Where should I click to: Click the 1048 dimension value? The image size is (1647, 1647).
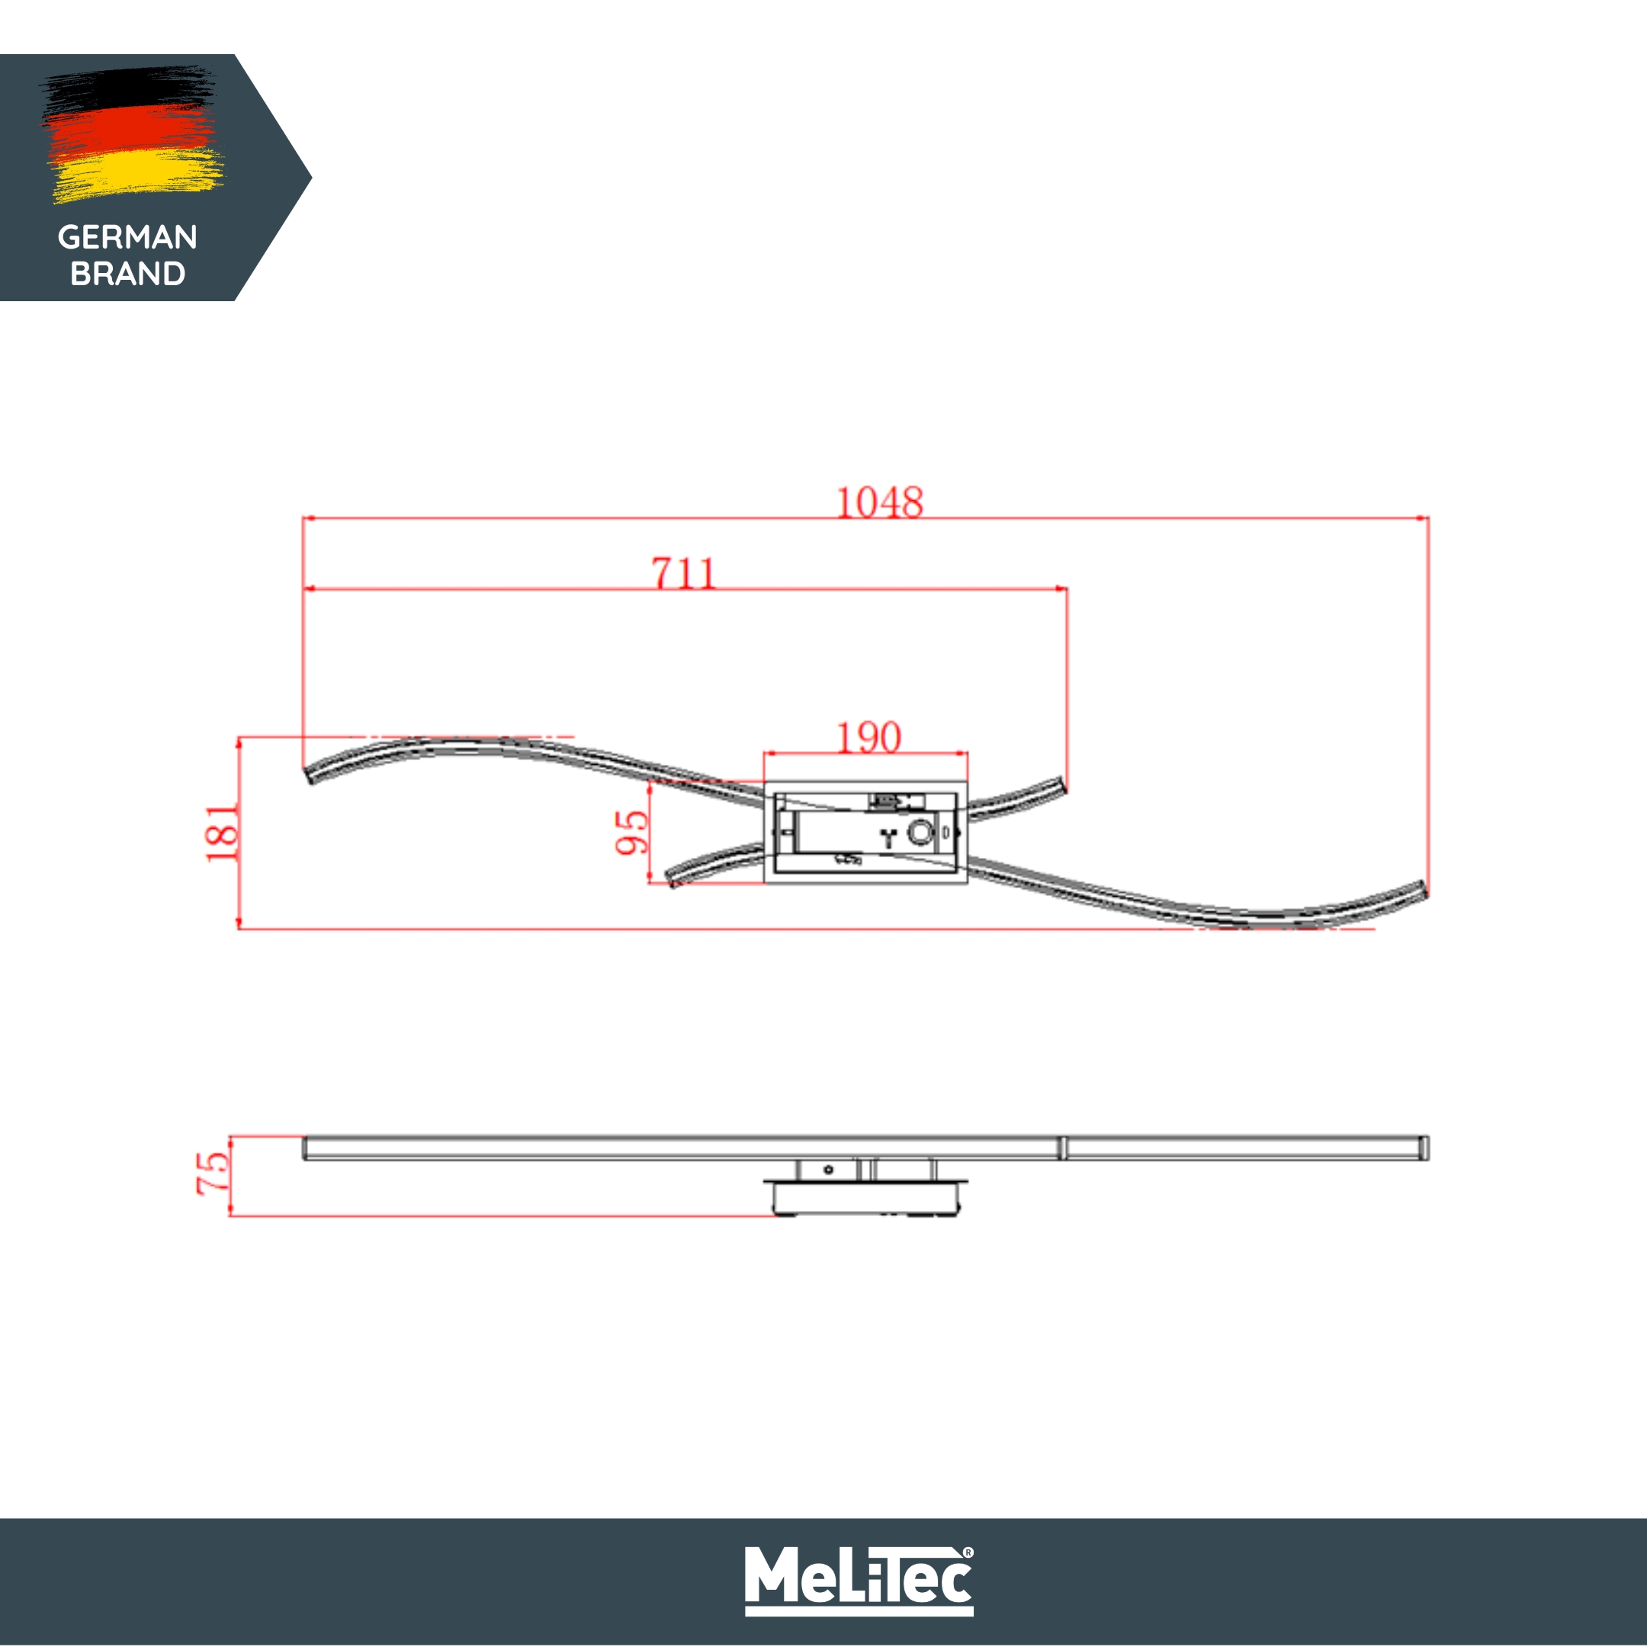(x=879, y=502)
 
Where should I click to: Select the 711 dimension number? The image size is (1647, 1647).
(x=684, y=573)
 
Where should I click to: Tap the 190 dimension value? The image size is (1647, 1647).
(x=868, y=737)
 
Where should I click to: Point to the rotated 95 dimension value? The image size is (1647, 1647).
(x=631, y=832)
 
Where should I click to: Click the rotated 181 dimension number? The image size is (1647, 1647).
(x=222, y=833)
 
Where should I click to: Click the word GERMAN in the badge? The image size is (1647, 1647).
(x=128, y=237)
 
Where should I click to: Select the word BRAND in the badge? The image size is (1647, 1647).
(x=128, y=274)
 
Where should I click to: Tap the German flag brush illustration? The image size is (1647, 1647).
(x=132, y=135)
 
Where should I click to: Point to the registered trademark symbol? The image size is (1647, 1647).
(x=968, y=1552)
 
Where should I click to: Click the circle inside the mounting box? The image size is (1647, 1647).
(x=920, y=832)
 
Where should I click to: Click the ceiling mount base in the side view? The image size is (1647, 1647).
(x=865, y=1199)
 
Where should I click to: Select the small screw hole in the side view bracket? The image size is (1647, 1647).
(x=828, y=1170)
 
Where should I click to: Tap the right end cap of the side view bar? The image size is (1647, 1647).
(x=1424, y=1148)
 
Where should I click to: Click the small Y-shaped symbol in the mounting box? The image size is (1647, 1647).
(x=889, y=837)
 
